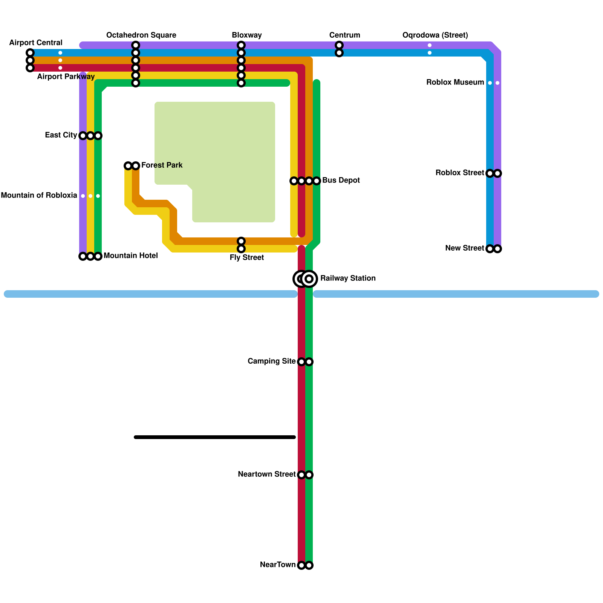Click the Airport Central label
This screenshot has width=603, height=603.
click(36, 43)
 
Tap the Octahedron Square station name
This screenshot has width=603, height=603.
click(141, 35)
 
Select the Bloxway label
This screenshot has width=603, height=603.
click(246, 35)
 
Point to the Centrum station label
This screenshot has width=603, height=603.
click(344, 35)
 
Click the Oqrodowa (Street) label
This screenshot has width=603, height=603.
click(435, 35)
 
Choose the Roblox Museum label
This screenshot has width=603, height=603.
click(455, 82)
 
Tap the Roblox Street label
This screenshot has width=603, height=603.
click(460, 173)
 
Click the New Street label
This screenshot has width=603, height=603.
click(464, 248)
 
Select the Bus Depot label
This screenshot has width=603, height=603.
click(341, 180)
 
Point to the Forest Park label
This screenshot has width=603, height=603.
click(162, 165)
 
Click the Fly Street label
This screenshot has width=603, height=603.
click(246, 257)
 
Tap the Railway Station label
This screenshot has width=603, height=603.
click(347, 278)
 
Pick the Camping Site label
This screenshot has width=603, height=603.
click(271, 361)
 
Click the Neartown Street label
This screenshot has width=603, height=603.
click(266, 474)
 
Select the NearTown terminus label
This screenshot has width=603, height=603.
click(278, 565)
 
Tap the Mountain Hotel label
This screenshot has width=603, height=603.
click(130, 256)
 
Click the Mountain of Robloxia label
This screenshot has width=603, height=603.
click(39, 195)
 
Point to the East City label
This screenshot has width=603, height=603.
click(61, 135)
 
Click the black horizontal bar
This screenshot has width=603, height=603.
click(215, 437)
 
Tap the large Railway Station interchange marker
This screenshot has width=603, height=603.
click(305, 279)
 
